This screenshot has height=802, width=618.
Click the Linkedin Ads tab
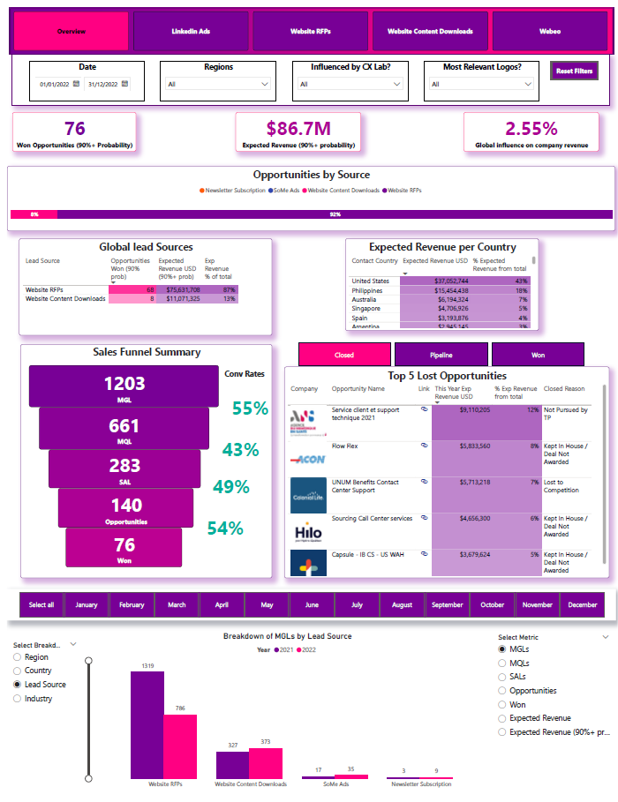pos(191,31)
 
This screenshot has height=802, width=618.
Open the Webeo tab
pos(550,31)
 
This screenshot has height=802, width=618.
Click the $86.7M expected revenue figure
pos(298,129)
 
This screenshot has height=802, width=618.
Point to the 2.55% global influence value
pos(531,129)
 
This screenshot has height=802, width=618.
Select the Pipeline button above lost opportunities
pos(441,355)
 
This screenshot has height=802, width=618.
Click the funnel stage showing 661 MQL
pos(124,428)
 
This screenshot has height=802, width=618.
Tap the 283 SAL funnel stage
pos(124,468)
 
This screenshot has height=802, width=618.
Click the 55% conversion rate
pos(250,408)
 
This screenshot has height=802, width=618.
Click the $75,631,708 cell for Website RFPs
pos(179,289)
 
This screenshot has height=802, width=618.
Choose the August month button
pos(402,605)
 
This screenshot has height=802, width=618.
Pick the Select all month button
pos(41,605)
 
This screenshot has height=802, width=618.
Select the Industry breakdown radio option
pos(19,699)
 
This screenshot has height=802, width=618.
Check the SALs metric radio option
pos(503,677)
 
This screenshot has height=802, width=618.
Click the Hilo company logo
pos(308,533)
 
